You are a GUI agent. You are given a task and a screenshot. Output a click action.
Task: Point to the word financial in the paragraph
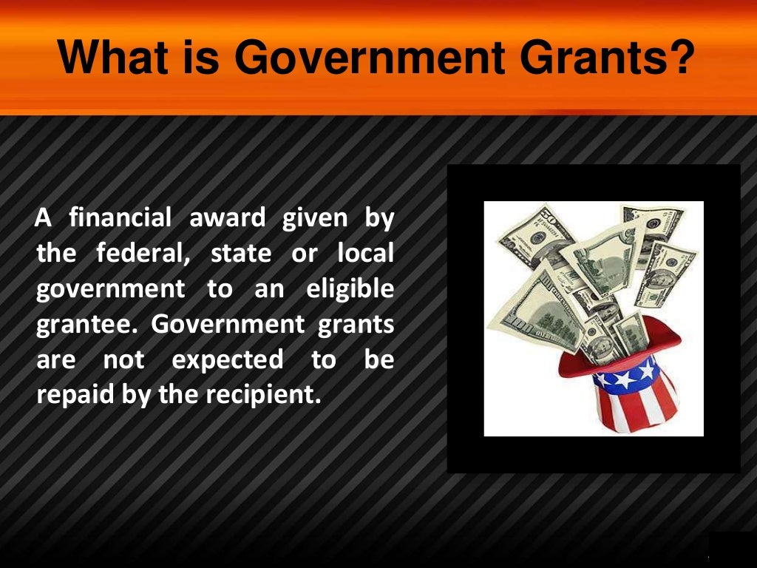(x=120, y=218)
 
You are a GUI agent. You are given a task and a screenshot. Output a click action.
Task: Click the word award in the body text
(x=228, y=218)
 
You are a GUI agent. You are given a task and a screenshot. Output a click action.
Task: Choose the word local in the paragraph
(x=365, y=254)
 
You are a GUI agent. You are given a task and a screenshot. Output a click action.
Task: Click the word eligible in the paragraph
(x=350, y=289)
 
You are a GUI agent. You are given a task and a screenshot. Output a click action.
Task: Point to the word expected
(x=228, y=360)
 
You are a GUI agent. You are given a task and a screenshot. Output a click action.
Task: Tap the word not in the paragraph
(x=123, y=360)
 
